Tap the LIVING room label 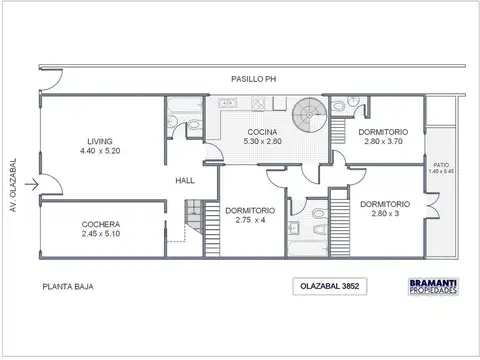coord(98,141)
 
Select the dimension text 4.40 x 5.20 coord(98,151)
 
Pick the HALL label coord(184,180)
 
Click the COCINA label coord(264,133)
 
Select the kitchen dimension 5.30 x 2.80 coord(264,142)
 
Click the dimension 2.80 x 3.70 coord(379,142)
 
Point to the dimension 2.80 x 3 coord(381,214)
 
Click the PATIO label coord(441,164)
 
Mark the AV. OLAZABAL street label coord(14,179)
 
